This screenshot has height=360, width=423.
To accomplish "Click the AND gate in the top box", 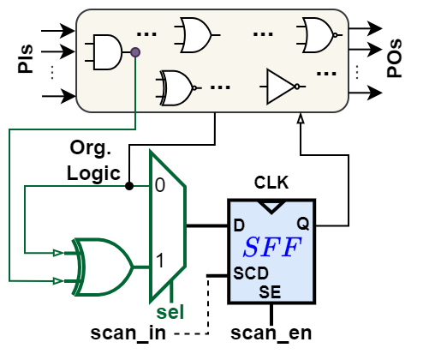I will point(107,52).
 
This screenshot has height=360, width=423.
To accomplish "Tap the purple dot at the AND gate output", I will point(135,52).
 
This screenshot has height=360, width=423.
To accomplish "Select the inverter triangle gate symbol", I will point(280,86).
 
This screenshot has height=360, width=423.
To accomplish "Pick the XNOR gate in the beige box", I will point(176,87).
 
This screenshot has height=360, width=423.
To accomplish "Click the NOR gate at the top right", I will point(315,35).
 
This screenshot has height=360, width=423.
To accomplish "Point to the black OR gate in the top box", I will point(194,35).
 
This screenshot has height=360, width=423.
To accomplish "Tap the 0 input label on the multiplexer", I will point(160,185).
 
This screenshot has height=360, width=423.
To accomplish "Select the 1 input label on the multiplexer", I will point(160,261).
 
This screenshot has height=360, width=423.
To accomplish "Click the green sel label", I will point(170,311).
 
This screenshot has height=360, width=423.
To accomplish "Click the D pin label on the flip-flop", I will point(239,225).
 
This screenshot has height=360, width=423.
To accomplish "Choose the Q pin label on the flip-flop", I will point(303,224).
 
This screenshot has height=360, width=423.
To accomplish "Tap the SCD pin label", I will point(251,274).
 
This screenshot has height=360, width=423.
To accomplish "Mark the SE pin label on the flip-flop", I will point(271,291).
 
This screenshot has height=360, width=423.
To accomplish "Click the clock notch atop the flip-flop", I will point(271,207).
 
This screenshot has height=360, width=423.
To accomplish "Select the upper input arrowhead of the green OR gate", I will point(57,253).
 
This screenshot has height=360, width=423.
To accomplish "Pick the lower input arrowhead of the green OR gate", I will point(57,279).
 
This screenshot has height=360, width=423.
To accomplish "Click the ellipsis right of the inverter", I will point(326,74).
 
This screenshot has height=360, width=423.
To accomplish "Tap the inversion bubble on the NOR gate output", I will point(339,35).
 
